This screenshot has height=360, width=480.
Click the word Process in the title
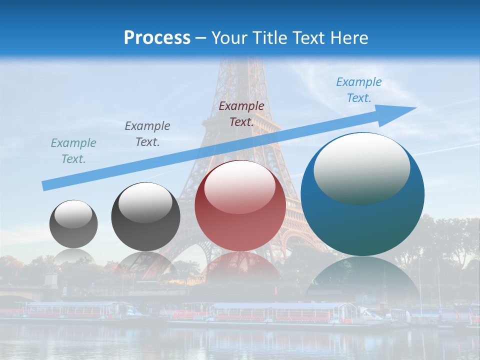click(x=157, y=38)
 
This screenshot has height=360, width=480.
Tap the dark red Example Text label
click(x=241, y=114)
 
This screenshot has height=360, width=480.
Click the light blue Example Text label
click(x=358, y=90)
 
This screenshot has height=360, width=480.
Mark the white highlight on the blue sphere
click(x=361, y=167)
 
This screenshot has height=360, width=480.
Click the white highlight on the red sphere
click(x=240, y=187)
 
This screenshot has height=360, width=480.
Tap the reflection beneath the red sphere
click(x=240, y=265)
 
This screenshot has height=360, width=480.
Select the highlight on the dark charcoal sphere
click(x=145, y=202)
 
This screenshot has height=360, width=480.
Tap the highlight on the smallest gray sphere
click(x=73, y=214)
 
